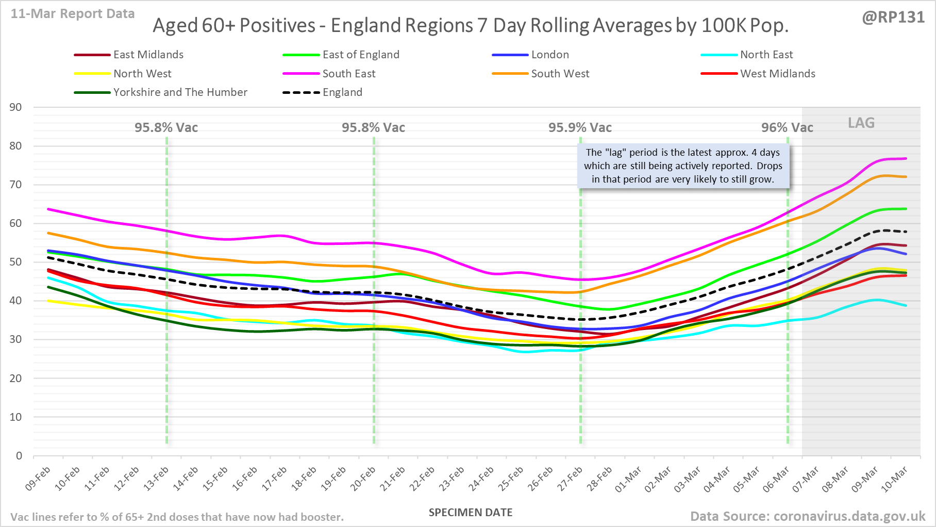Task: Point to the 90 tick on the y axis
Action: [x=16, y=107]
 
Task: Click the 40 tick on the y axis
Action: [x=16, y=301]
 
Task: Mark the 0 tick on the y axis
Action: [x=19, y=456]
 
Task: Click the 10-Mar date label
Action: [x=895, y=479]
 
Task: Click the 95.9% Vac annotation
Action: [x=580, y=127]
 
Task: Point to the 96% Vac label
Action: [x=787, y=127]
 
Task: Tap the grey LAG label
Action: [x=861, y=123]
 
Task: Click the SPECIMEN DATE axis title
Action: [x=471, y=513]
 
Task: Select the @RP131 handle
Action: [x=893, y=17]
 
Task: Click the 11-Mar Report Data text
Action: [x=73, y=14]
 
